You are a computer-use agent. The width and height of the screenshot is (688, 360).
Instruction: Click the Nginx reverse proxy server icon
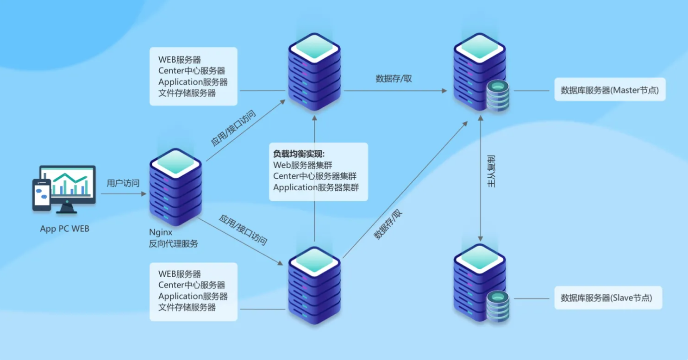[175, 187]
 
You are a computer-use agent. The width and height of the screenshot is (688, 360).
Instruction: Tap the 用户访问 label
[123, 183]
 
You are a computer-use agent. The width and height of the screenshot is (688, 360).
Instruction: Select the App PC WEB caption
[64, 229]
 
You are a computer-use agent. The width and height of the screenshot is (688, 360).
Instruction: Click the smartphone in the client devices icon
[41, 195]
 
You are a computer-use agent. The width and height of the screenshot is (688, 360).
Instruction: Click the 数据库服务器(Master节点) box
[610, 90]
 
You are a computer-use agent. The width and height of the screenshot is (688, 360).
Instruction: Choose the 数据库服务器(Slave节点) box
[608, 298]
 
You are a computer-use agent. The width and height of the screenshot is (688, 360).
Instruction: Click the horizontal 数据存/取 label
[394, 79]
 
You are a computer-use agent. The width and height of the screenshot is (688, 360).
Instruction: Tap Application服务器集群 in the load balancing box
[316, 187]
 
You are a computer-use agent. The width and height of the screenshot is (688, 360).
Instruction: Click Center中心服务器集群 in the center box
[314, 176]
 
